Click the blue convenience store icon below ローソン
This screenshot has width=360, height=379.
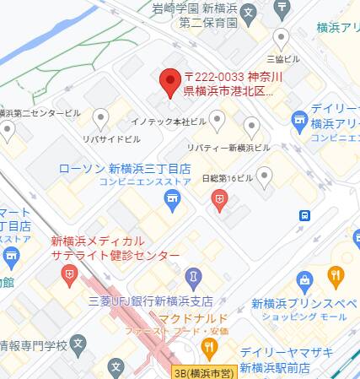tap(172, 199)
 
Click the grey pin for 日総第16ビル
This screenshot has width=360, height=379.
tap(265, 176)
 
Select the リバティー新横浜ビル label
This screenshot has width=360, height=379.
tap(228, 148)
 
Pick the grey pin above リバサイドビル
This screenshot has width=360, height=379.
tap(101, 118)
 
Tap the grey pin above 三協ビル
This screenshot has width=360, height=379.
tap(281, 38)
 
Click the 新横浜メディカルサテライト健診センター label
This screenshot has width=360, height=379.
tap(115, 248)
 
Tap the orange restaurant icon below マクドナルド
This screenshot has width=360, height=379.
tap(205, 348)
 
